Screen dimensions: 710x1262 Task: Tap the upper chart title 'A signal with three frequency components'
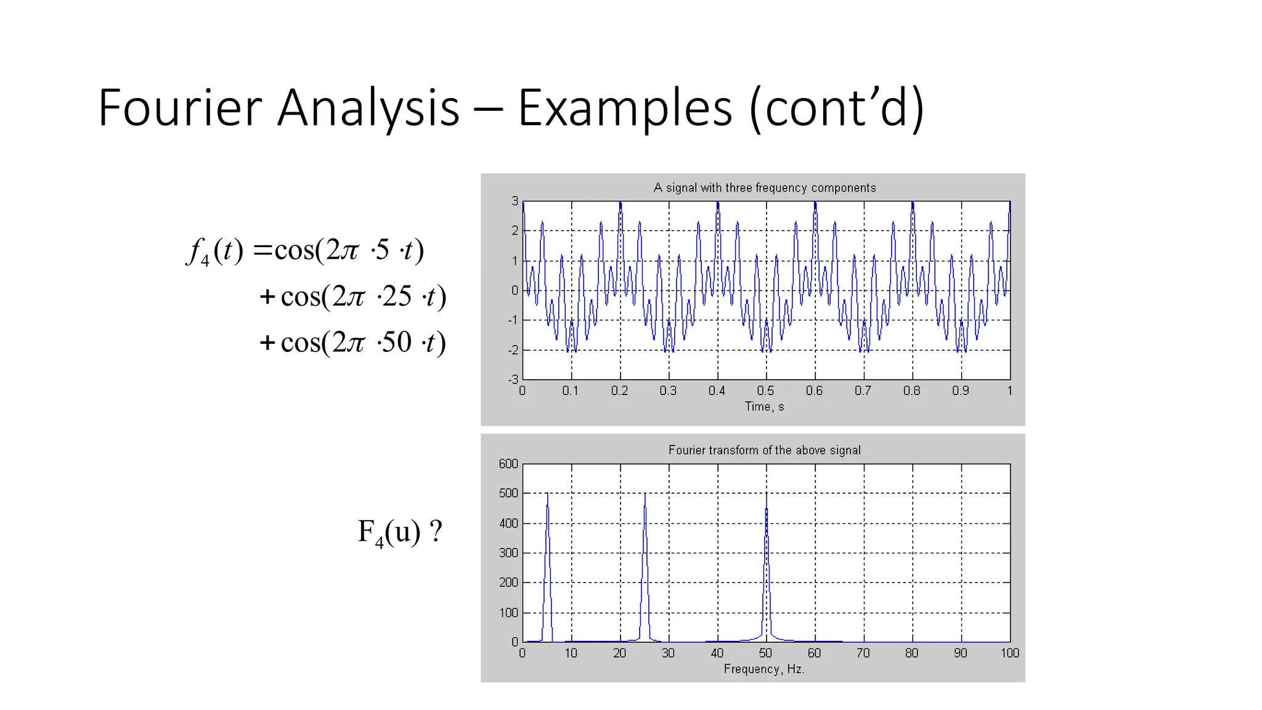(x=764, y=187)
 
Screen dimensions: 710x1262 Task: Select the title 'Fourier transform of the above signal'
(x=764, y=450)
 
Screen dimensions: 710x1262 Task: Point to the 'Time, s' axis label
(x=764, y=406)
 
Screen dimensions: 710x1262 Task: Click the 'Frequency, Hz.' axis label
(x=764, y=669)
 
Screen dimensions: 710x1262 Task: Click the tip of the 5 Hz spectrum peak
(x=547, y=494)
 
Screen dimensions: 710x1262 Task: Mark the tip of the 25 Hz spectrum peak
(x=645, y=494)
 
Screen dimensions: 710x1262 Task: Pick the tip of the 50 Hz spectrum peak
(x=766, y=494)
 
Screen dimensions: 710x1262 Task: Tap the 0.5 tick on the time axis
(x=765, y=391)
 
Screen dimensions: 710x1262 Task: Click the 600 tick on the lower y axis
(x=508, y=463)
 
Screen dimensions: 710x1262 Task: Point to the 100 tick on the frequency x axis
(x=1009, y=653)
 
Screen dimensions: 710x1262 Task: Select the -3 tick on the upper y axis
(x=513, y=380)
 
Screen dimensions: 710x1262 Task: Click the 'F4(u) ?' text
(x=399, y=532)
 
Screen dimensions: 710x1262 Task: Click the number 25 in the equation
(x=396, y=296)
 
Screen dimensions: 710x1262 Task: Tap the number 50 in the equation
(x=396, y=342)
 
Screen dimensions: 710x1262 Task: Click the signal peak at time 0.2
(x=620, y=203)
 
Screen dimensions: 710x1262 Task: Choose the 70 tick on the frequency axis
(x=863, y=653)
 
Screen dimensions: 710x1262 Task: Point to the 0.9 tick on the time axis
(x=960, y=391)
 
